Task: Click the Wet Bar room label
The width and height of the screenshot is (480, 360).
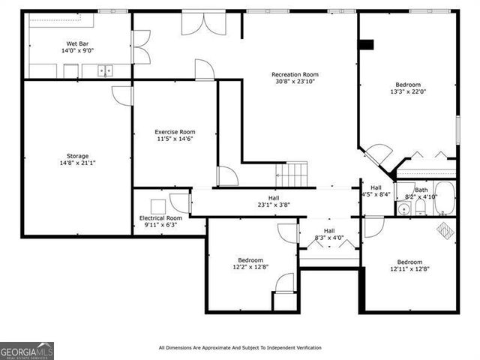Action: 76,44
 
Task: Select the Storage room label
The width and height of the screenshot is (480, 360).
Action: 76,155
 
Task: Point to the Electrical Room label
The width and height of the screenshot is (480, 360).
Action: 160,217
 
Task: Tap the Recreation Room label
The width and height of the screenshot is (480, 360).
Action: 295,74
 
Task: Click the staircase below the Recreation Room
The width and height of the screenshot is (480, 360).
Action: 292,175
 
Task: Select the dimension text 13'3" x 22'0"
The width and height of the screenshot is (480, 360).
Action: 409,92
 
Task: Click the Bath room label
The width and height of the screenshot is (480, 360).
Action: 421,190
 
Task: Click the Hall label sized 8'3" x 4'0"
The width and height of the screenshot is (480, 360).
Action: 328,230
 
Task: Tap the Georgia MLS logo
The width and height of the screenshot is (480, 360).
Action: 27,350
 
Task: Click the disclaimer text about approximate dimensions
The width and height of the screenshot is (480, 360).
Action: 240,347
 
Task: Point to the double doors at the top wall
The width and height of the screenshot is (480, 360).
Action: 202,22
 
